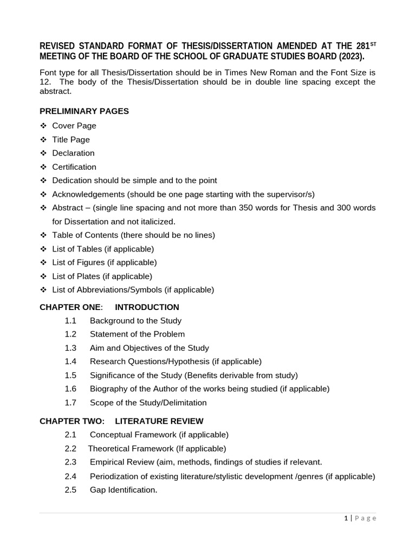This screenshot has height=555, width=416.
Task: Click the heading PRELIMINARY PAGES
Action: pos(84,111)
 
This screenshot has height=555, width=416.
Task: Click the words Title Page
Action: pos(71,139)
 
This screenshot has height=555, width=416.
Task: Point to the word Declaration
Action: pos(73,153)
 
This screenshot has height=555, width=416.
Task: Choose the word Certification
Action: pos(74,167)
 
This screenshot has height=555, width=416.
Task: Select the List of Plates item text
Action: pos(102,276)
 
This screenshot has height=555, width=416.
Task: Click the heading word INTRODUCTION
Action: pos(147,307)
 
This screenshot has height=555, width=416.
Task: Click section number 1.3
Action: pos(70,348)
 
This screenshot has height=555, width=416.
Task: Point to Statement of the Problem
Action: pos(137,334)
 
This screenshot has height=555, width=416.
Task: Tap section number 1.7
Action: pos(70,403)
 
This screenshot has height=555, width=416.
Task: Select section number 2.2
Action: pos(70,449)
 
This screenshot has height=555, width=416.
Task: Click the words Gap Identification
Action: pos(123,489)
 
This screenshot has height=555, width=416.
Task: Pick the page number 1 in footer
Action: pos(346,518)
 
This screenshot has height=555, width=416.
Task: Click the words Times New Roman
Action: pos(270,73)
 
